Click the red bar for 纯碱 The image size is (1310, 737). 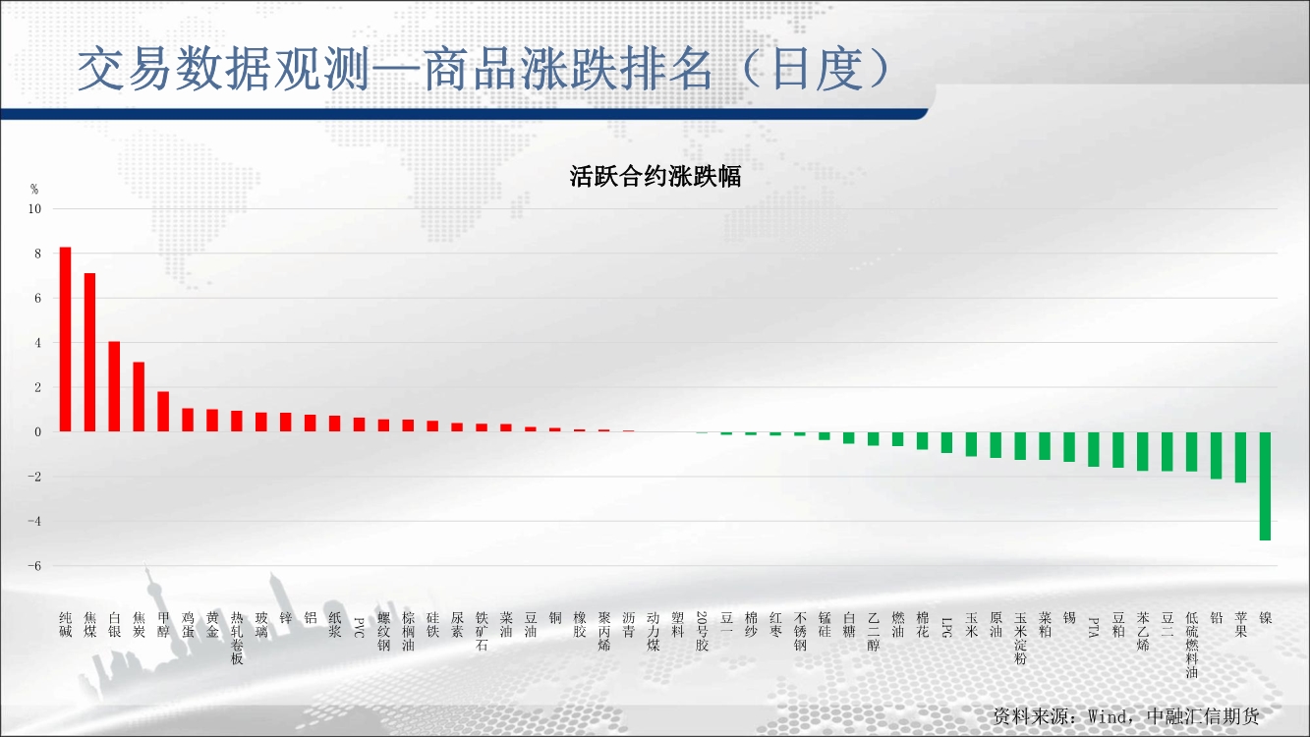[66, 339]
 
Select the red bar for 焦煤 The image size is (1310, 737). [90, 352]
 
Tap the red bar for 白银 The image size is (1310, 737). [115, 386]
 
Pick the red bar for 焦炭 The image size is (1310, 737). [139, 397]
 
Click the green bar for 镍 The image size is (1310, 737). [1265, 486]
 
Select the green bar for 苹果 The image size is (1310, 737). [1240, 457]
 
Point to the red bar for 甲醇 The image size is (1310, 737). [163, 412]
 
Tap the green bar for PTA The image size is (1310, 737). [1094, 449]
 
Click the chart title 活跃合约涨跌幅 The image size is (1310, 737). [655, 176]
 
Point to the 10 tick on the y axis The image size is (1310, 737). [35, 208]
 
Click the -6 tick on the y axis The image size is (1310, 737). [34, 566]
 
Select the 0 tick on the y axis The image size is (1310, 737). [38, 432]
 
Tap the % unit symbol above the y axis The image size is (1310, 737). [34, 189]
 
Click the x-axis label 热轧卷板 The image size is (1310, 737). [237, 638]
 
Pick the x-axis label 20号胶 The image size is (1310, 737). [702, 631]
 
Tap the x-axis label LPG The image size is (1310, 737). [946, 627]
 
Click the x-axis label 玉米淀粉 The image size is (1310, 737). [1020, 638]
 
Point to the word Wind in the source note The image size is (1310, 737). [1108, 716]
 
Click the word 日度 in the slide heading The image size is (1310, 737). [819, 69]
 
